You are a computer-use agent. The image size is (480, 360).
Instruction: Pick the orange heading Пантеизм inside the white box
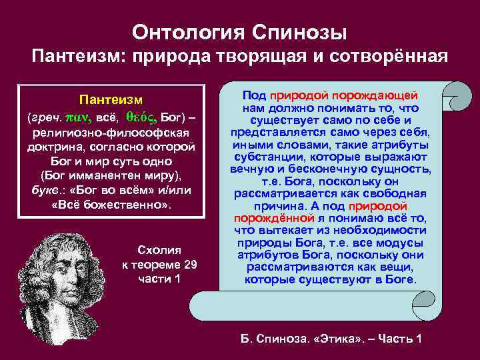[111, 100]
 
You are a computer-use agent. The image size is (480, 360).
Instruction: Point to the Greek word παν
[75, 116]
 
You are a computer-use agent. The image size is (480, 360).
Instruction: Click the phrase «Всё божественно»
[111, 205]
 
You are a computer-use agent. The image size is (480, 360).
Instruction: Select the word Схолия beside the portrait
[159, 250]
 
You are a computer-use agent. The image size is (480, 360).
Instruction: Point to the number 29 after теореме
[190, 264]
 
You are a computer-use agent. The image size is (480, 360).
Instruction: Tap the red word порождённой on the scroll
[273, 218]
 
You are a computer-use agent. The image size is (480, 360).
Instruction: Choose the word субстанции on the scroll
[264, 157]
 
